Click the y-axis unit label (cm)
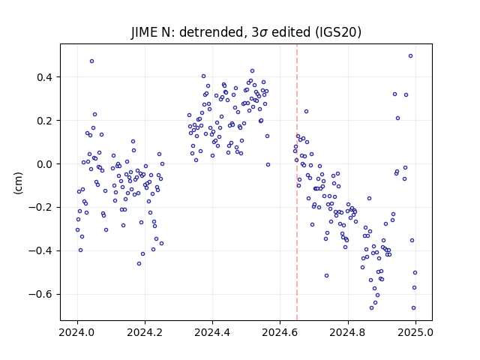(x=18, y=183)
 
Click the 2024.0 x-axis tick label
(x=77, y=332)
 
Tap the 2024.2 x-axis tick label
(x=145, y=332)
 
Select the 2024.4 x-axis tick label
(x=212, y=332)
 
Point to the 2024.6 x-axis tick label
(x=280, y=332)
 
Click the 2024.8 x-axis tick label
(x=348, y=332)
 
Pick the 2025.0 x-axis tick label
(x=415, y=332)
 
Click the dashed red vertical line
(x=297, y=182)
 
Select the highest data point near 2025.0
(x=410, y=56)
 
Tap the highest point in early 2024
(x=91, y=61)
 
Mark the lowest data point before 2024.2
(x=139, y=263)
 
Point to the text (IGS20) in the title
(x=338, y=32)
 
